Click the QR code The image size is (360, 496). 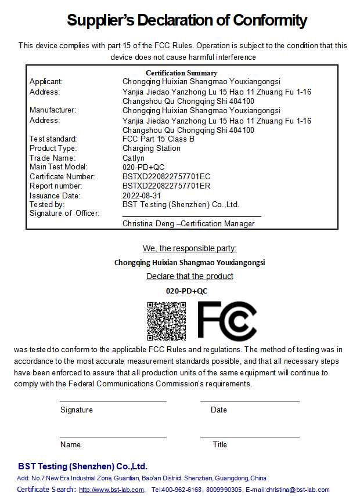coord(166,321)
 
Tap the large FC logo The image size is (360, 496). coord(227,321)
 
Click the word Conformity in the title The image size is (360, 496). coord(270,21)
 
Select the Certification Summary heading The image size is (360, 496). coord(181,73)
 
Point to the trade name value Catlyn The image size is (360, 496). coord(134,158)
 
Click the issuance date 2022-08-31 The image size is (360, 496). coord(142,195)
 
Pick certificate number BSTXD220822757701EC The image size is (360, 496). coord(166,176)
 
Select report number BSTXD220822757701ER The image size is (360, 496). coord(166,186)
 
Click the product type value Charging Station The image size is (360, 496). coord(151,149)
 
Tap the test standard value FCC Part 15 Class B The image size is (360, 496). coord(158,139)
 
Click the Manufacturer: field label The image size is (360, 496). coord(53,110)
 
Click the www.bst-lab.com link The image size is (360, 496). coord(111,490)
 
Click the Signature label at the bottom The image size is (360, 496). coord(76,410)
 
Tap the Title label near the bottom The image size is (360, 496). coord(219,445)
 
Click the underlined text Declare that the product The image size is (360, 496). coord(189,276)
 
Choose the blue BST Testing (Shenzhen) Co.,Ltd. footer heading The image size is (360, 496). coord(82,466)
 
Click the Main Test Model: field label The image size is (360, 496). coord(58,167)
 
